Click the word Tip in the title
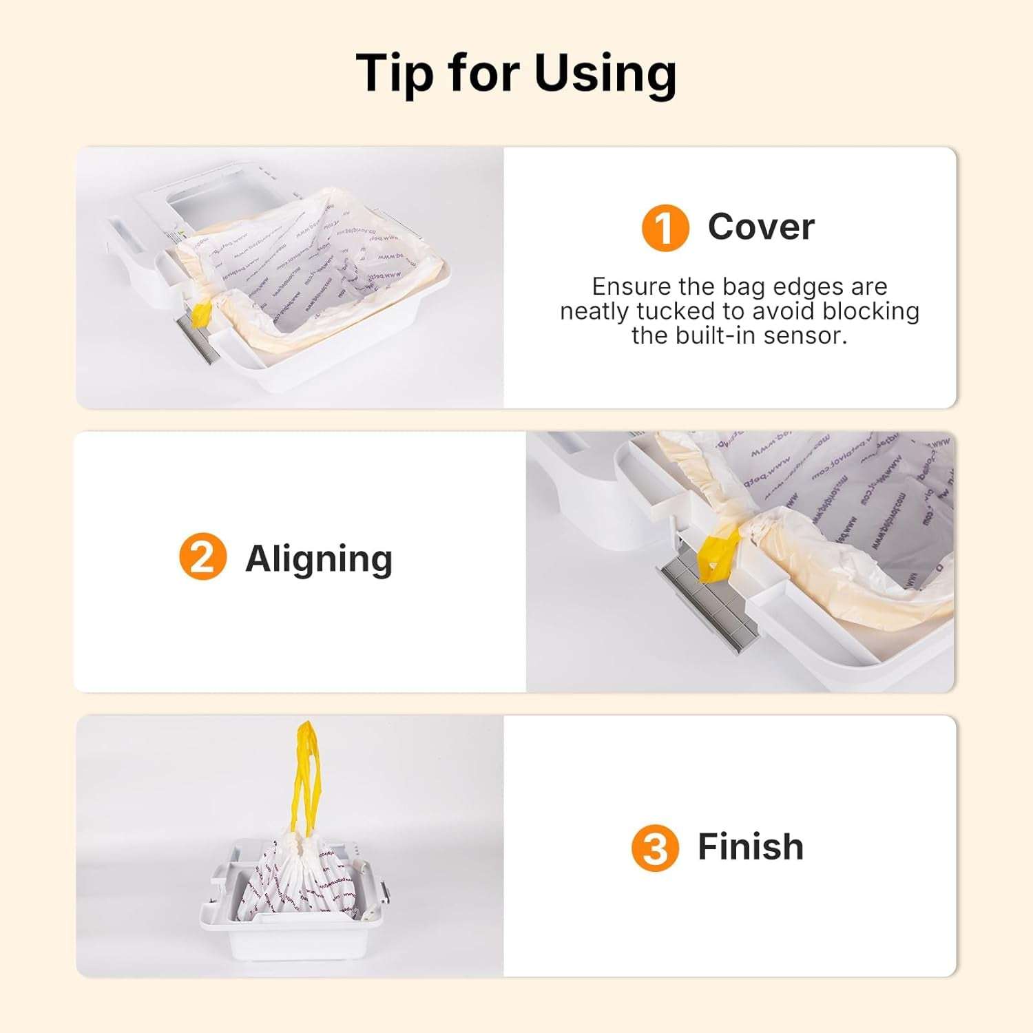(395, 73)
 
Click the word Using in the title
(605, 73)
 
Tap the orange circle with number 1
(665, 228)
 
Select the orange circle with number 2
(202, 556)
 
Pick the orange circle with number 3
(654, 848)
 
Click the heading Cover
(761, 227)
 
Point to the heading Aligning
(319, 558)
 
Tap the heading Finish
(751, 846)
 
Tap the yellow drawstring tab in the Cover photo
(202, 313)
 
